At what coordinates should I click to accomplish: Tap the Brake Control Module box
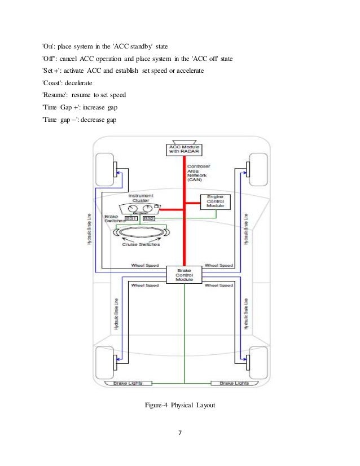pyautogui.click(x=185, y=275)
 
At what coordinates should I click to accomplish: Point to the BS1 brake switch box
pyautogui.click(x=131, y=218)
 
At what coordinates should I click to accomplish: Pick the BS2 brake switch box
pyautogui.click(x=148, y=218)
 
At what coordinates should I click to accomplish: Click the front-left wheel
pyautogui.click(x=105, y=168)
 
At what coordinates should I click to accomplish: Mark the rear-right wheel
pyautogui.click(x=257, y=359)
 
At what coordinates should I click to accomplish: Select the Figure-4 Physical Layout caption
pyautogui.click(x=180, y=405)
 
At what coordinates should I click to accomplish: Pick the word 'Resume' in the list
pyautogui.click(x=57, y=95)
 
